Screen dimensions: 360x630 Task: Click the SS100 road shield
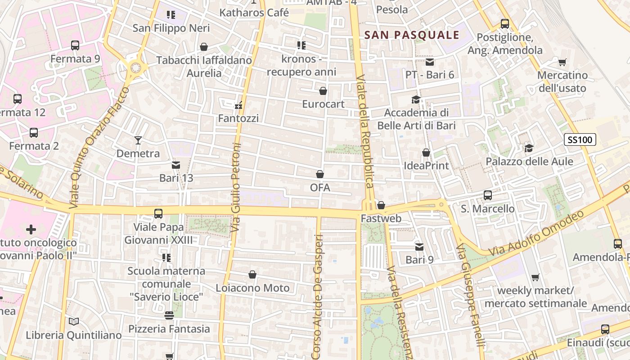pos(580,140)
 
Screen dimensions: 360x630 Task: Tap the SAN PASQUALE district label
pos(412,35)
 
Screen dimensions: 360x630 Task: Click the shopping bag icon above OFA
pos(320,174)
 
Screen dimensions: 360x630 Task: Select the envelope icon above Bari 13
pos(176,165)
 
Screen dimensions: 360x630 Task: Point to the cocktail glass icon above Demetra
pos(138,140)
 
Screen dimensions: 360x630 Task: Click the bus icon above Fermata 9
pos(75,45)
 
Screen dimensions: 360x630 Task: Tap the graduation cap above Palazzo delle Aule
pos(529,148)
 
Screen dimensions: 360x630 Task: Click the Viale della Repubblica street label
pos(365,130)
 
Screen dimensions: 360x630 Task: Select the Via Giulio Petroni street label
pos(236,188)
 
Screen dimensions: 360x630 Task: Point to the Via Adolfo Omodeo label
pos(535,234)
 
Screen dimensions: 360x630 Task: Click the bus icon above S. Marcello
pos(488,195)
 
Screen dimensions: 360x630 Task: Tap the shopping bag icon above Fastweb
pos(381,205)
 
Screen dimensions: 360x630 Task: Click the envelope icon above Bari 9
pos(419,247)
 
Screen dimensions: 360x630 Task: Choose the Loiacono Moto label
pos(252,288)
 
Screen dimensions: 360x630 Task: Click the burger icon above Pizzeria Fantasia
pos(169,315)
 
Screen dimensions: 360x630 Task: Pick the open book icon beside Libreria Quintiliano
pos(74,321)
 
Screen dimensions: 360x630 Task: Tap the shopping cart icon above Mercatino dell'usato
pos(562,62)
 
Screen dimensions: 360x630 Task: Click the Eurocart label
pos(323,104)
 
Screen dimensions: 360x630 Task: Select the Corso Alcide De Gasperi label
pos(317,297)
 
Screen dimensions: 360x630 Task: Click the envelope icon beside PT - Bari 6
pos(430,62)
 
